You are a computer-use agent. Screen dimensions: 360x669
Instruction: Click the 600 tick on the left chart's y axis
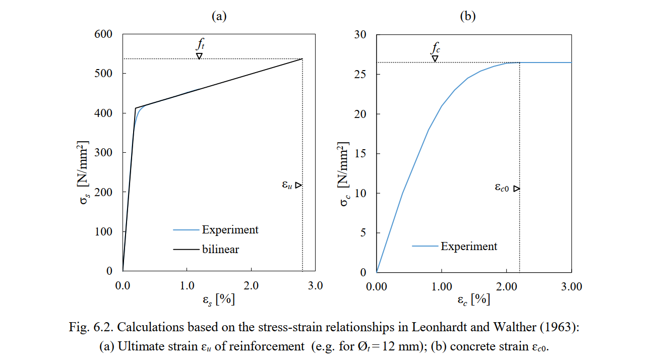[103, 34]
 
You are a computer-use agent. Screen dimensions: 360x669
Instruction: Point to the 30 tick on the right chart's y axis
[360, 34]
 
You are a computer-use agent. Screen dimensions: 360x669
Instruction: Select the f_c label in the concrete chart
[435, 48]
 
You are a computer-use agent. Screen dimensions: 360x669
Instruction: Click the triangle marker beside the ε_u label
[298, 185]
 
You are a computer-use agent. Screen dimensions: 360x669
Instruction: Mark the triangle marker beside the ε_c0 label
[516, 189]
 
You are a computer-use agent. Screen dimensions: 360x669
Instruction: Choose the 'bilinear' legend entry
[220, 249]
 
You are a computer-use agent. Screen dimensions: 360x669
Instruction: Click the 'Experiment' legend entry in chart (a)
[230, 230]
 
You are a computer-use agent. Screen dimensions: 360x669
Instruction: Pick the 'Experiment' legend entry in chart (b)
[469, 246]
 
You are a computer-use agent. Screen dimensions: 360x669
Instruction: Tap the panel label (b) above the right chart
[468, 16]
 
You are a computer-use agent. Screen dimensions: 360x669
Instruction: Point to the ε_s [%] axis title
[219, 299]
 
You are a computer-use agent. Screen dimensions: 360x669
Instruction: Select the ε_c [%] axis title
[473, 299]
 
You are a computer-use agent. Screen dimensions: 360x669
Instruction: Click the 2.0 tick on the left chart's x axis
[251, 286]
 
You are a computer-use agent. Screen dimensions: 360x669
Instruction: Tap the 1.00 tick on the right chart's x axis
[442, 287]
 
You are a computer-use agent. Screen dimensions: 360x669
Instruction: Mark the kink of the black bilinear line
[135, 108]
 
